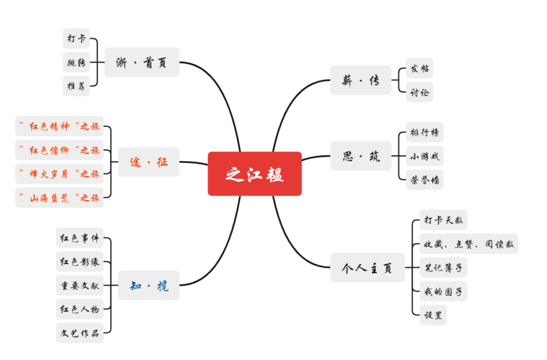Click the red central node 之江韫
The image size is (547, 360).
click(255, 174)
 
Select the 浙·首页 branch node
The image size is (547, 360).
click(142, 63)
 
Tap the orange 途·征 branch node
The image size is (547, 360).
click(149, 162)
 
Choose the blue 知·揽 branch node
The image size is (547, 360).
click(149, 286)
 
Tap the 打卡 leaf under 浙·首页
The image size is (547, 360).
click(76, 39)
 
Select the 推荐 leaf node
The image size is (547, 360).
click(76, 86)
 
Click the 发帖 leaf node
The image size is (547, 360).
click(419, 68)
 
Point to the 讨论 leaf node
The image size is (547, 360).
click(419, 92)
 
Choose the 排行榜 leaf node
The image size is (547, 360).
click(424, 132)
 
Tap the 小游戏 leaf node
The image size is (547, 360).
click(424, 156)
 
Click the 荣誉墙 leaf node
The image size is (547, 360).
click(424, 179)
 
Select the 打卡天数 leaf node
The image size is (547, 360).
click(443, 220)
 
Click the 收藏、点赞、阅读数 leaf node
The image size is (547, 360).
click(468, 244)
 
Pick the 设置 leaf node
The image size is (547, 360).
click(433, 315)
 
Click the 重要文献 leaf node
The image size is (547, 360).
click(80, 286)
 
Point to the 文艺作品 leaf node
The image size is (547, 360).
click(80, 332)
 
